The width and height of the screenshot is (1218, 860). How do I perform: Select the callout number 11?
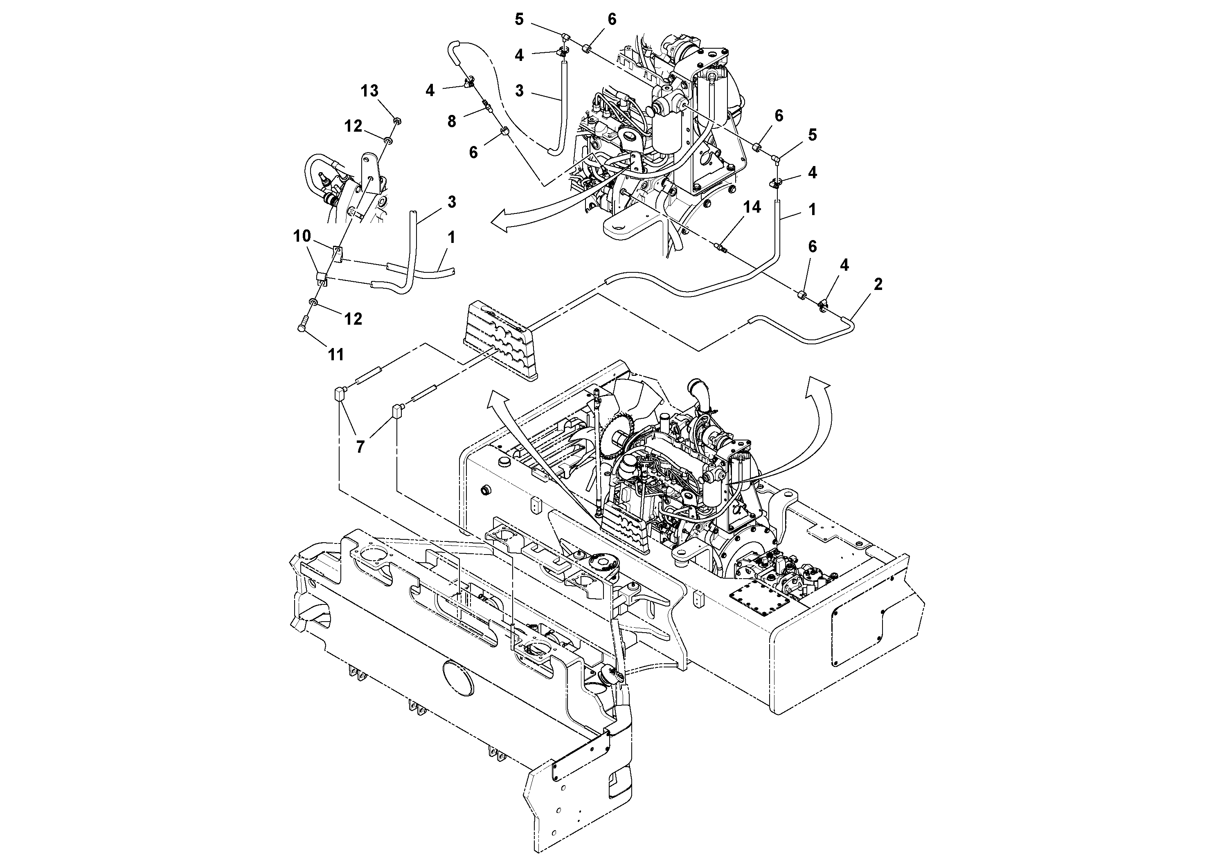click(336, 354)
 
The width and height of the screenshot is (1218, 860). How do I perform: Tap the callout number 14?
click(752, 207)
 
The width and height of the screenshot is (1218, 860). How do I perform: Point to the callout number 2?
click(878, 284)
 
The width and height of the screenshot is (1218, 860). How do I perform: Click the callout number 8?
click(451, 121)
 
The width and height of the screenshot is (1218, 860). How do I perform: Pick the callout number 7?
click(360, 447)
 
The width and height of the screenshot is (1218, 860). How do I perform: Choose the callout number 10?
click(302, 236)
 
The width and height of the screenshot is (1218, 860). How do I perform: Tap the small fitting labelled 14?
click(720, 247)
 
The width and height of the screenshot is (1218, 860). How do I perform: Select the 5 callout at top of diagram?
click(519, 20)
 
